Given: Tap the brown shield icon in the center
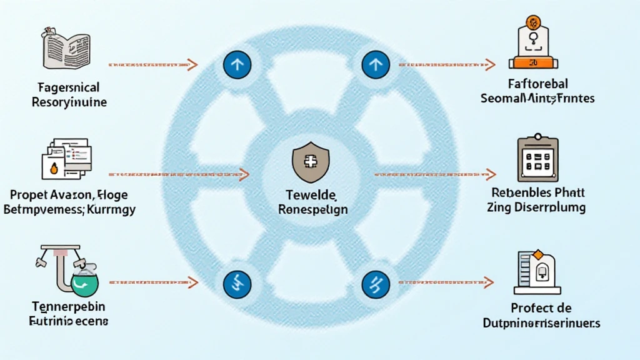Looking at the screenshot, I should point(306,164).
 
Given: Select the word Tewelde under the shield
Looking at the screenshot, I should point(312,194).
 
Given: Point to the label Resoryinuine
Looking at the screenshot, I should point(69,102).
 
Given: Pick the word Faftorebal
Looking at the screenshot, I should point(537,84).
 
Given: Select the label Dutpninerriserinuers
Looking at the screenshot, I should point(542,323).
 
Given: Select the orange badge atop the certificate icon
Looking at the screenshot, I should point(533,23).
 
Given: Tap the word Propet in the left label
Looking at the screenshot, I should point(29,194).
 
